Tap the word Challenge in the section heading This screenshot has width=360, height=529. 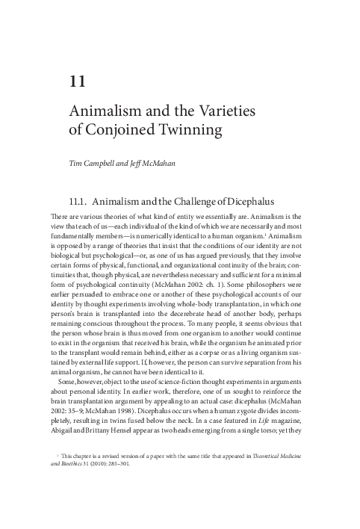pos(193,199)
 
